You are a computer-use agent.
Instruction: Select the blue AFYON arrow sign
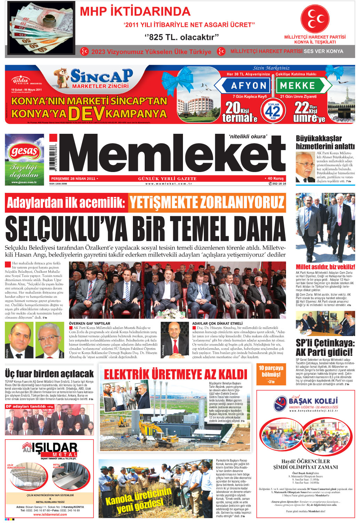244,85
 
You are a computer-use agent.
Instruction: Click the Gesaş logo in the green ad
24,152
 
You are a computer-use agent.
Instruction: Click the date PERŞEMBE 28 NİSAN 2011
73,179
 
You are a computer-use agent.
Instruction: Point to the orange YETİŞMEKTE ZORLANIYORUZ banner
207,203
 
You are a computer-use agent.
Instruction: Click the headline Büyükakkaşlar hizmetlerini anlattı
325,142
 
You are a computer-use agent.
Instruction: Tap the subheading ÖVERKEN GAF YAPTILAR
89,323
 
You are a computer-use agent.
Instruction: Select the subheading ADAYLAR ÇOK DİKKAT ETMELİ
217,323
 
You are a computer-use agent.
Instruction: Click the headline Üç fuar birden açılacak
49,374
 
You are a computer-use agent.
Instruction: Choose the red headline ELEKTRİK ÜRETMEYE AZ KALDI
175,374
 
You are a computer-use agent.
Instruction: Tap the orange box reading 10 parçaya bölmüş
271,373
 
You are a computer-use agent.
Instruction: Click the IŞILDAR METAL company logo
50,449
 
